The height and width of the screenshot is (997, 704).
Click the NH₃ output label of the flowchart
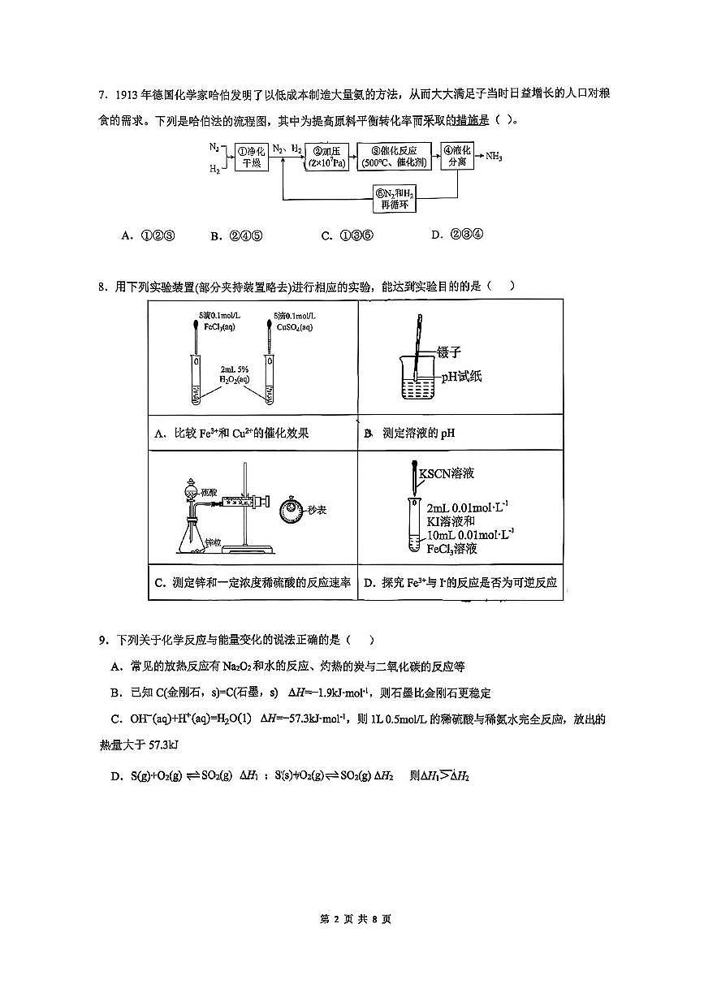[x=494, y=156]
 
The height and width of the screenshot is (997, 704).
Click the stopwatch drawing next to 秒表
[x=288, y=511]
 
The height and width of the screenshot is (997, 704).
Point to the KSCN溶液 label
[x=446, y=472]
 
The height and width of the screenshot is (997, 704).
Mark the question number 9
[x=103, y=641]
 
